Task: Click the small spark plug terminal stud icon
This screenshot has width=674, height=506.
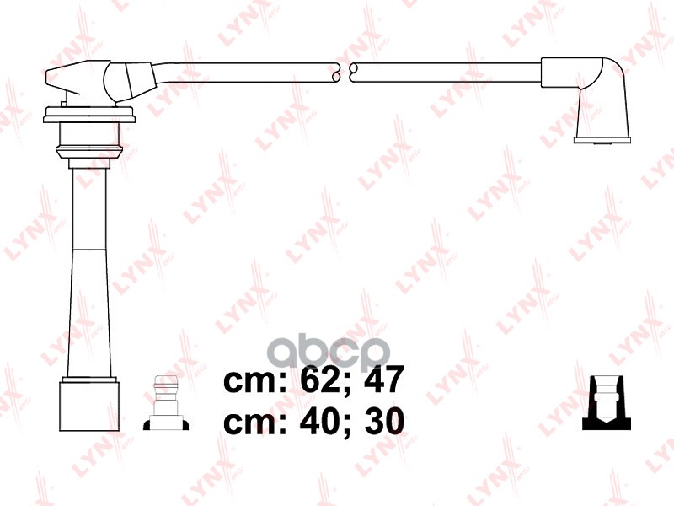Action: (165, 404)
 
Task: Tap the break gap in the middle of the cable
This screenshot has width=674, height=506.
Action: (344, 73)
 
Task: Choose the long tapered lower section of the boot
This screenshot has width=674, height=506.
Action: (88, 312)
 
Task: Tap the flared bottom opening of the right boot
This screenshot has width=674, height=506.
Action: (600, 139)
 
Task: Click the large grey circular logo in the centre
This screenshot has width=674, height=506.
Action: (345, 350)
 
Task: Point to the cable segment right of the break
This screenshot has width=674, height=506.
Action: (447, 73)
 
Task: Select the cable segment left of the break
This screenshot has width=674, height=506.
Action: (253, 73)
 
